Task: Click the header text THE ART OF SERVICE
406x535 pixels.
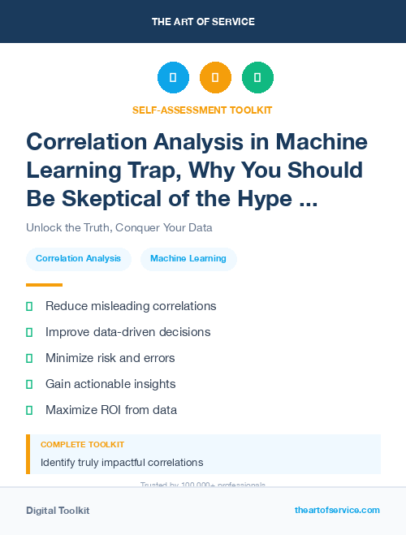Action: (203, 22)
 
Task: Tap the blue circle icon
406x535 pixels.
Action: (173, 78)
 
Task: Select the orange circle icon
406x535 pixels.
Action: (215, 78)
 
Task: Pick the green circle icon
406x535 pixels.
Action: (257, 78)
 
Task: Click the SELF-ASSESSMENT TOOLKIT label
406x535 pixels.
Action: (202, 110)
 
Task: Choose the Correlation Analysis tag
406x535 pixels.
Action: (79, 259)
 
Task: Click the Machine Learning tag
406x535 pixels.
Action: (188, 259)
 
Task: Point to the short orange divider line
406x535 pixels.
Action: (44, 285)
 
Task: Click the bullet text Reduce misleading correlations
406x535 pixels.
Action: (131, 306)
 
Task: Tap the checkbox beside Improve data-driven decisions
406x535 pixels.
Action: (29, 332)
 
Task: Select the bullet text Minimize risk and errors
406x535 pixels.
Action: (110, 358)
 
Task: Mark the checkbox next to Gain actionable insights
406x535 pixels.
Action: (29, 384)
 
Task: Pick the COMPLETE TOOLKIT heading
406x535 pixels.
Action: (82, 445)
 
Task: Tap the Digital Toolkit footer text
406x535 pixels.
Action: (58, 511)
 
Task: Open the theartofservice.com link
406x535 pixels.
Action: (337, 510)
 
